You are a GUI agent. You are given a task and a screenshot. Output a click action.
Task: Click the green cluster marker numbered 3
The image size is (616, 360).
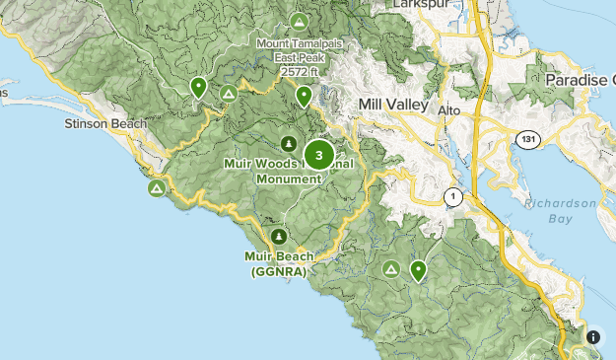(318, 155)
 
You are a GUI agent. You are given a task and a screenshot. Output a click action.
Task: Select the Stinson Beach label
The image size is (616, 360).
(104, 124)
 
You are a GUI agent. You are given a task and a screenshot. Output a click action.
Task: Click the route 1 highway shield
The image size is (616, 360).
(452, 197)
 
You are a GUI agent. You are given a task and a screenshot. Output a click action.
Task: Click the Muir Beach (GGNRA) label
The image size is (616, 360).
(279, 263)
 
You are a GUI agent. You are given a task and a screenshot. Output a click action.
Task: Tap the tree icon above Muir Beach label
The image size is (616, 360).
(279, 237)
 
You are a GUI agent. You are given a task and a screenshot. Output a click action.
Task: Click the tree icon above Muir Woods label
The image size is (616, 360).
(289, 143)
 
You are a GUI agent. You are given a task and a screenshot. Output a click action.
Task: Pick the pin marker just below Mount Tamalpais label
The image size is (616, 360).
(305, 96)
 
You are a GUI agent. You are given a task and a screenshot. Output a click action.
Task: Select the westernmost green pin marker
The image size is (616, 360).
(198, 88)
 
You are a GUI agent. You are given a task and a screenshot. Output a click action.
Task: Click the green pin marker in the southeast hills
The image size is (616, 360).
(418, 269)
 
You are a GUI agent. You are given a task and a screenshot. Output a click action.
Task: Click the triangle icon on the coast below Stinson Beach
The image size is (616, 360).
(156, 187)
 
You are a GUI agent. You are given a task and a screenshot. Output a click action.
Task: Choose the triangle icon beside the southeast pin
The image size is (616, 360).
(391, 268)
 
